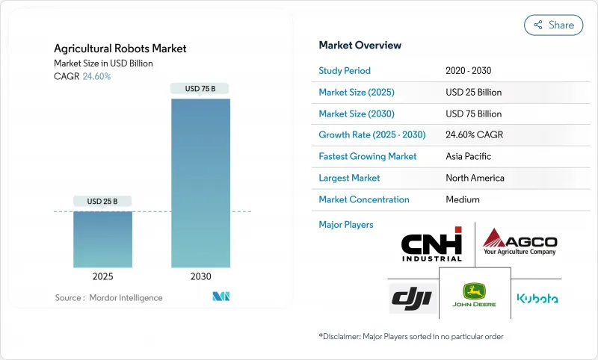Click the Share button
553,25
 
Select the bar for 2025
102,239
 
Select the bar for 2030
200,183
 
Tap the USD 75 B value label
200,89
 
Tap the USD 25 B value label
102,202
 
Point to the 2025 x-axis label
102,276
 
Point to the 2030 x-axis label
200,276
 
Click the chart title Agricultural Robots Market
120,49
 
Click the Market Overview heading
360,45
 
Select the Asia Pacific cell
469,157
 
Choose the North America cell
475,178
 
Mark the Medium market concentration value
463,199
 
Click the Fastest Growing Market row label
367,157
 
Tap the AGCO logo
519,243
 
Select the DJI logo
412,298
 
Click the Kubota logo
537,298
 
